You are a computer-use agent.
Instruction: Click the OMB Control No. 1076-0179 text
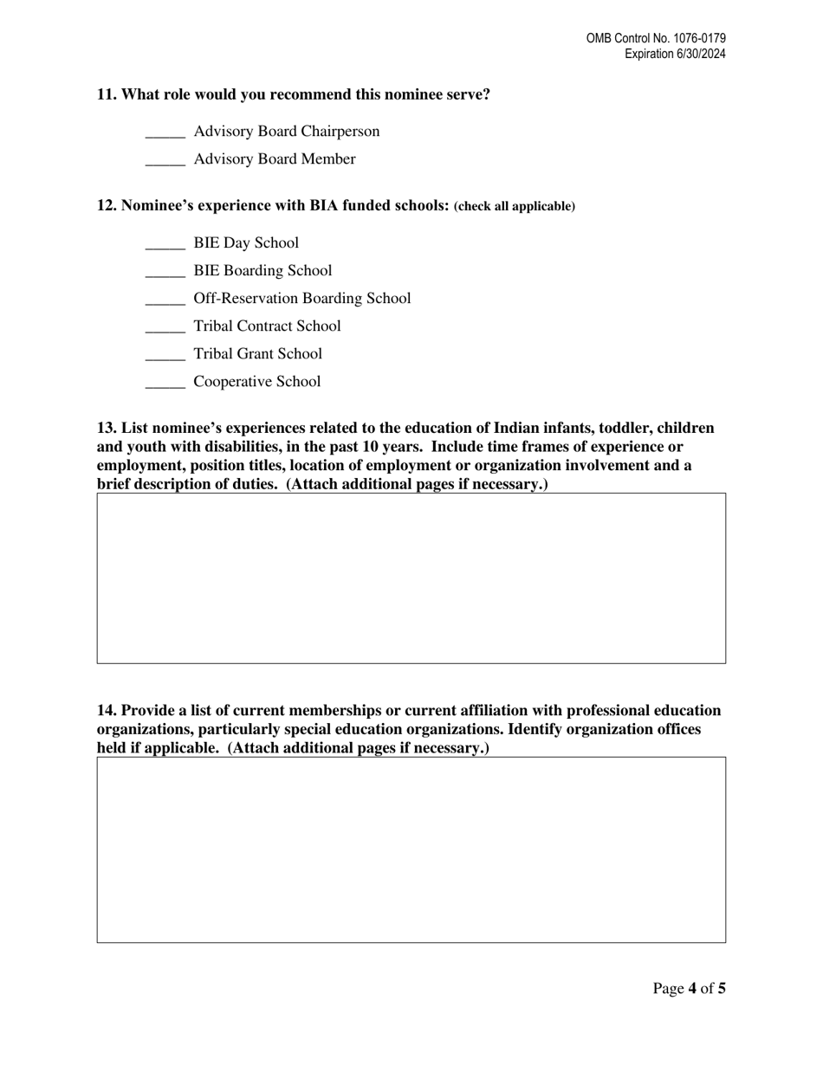[x=656, y=39]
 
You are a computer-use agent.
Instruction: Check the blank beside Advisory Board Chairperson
[x=165, y=132]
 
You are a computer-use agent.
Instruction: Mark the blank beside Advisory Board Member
[x=165, y=160]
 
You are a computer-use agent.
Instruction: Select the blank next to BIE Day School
[x=165, y=244]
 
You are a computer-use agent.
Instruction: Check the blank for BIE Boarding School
[x=165, y=272]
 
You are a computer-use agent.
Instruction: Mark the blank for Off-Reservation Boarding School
[x=165, y=300]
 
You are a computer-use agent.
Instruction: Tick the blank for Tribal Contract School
[x=165, y=327]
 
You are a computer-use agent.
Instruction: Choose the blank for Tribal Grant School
[x=165, y=355]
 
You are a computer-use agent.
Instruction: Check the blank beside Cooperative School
[x=165, y=383]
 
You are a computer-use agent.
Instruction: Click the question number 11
[x=107, y=94]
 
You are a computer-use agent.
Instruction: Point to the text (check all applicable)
[x=515, y=207]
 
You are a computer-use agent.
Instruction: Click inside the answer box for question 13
[x=411, y=578]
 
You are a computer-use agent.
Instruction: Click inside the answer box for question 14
[x=411, y=849]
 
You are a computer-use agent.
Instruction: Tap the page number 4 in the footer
[x=692, y=988]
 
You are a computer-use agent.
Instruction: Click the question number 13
[x=107, y=429]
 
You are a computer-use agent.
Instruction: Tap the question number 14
[x=107, y=711]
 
